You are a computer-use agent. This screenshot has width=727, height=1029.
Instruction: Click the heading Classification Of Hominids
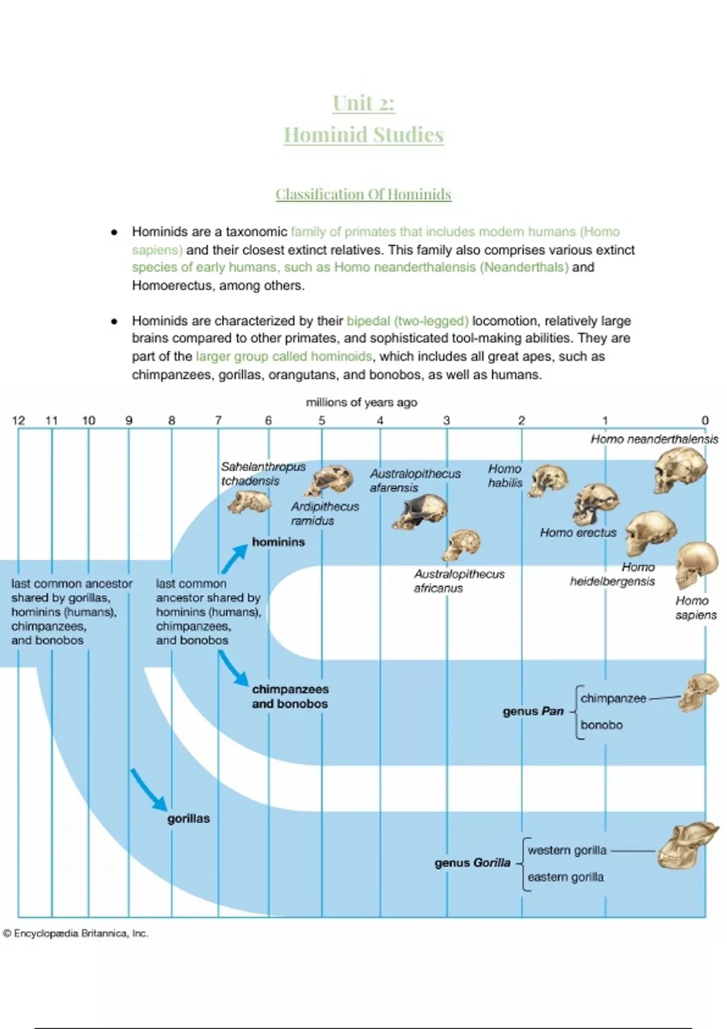click(363, 194)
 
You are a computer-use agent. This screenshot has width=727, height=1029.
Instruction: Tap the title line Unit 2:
click(363, 104)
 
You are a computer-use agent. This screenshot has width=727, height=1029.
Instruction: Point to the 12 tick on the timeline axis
click(18, 420)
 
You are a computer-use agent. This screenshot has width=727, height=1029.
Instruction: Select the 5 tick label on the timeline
click(322, 420)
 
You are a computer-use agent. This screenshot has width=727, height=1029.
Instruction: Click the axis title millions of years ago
click(361, 403)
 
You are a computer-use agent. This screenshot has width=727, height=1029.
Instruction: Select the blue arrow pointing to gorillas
click(148, 789)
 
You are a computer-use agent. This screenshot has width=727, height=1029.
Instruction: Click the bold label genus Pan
click(533, 711)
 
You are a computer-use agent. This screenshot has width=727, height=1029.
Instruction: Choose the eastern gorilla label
click(565, 877)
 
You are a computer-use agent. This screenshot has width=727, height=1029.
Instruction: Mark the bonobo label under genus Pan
click(601, 725)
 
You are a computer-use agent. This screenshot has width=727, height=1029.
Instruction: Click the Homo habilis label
click(505, 476)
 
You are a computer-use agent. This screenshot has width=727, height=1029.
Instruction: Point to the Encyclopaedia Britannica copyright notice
click(76, 933)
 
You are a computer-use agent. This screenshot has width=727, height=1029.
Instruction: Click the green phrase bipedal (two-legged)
click(407, 321)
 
